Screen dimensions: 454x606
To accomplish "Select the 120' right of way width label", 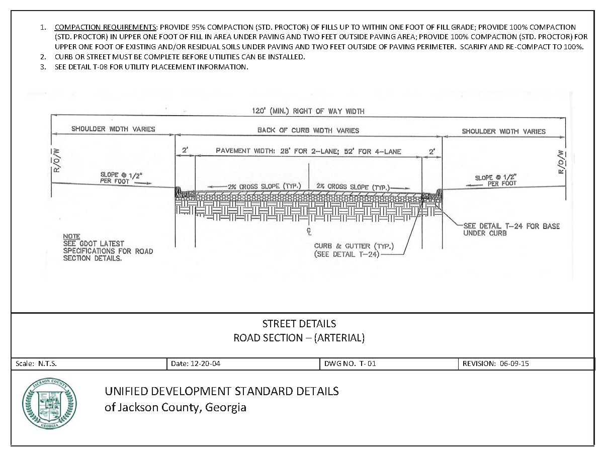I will click(308, 111).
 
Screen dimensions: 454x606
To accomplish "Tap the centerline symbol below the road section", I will click(310, 232).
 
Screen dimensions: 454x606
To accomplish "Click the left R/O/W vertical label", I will click(57, 160).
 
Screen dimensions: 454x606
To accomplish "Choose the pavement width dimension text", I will click(308, 151).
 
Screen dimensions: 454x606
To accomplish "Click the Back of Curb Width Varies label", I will click(308, 130).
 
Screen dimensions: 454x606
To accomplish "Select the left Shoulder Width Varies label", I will click(113, 129).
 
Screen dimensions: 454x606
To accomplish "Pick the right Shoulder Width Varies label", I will click(503, 131).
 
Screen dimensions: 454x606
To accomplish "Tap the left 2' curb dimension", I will click(185, 150).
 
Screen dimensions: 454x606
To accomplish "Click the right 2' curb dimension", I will click(431, 150).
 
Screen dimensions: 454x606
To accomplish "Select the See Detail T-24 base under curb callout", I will click(510, 230).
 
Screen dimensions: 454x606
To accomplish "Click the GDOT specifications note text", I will click(107, 247).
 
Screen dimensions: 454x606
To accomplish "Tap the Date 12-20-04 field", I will click(195, 364).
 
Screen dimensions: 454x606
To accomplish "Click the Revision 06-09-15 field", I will click(495, 364).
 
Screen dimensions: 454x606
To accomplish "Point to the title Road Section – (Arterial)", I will click(299, 338).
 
